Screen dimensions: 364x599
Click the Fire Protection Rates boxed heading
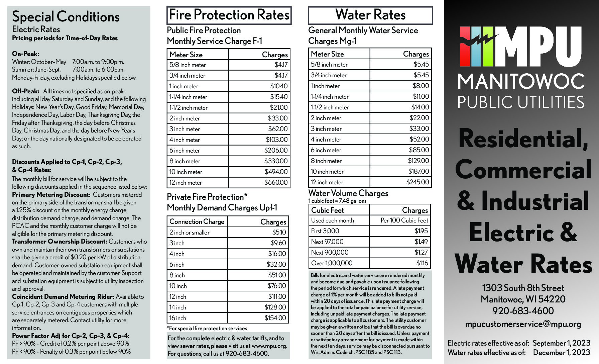point(229,15)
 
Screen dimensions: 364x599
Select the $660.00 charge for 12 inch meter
point(276,183)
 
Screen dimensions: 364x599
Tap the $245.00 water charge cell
point(417,182)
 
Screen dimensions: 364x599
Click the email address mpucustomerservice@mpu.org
point(523,324)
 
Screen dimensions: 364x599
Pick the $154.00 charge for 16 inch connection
point(275,318)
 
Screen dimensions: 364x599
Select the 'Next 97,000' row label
point(327,242)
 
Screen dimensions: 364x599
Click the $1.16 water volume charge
point(422,263)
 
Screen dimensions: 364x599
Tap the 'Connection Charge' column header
point(197,222)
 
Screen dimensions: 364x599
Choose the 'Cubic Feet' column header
point(327,210)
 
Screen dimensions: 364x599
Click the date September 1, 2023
point(562,343)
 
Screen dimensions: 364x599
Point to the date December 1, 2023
point(562,353)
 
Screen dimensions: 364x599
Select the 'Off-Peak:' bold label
point(26,91)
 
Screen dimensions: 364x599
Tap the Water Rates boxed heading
point(370,15)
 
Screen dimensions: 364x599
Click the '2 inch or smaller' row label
point(190,233)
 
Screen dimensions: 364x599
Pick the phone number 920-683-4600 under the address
point(523,311)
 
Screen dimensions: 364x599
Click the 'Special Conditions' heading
point(66,17)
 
